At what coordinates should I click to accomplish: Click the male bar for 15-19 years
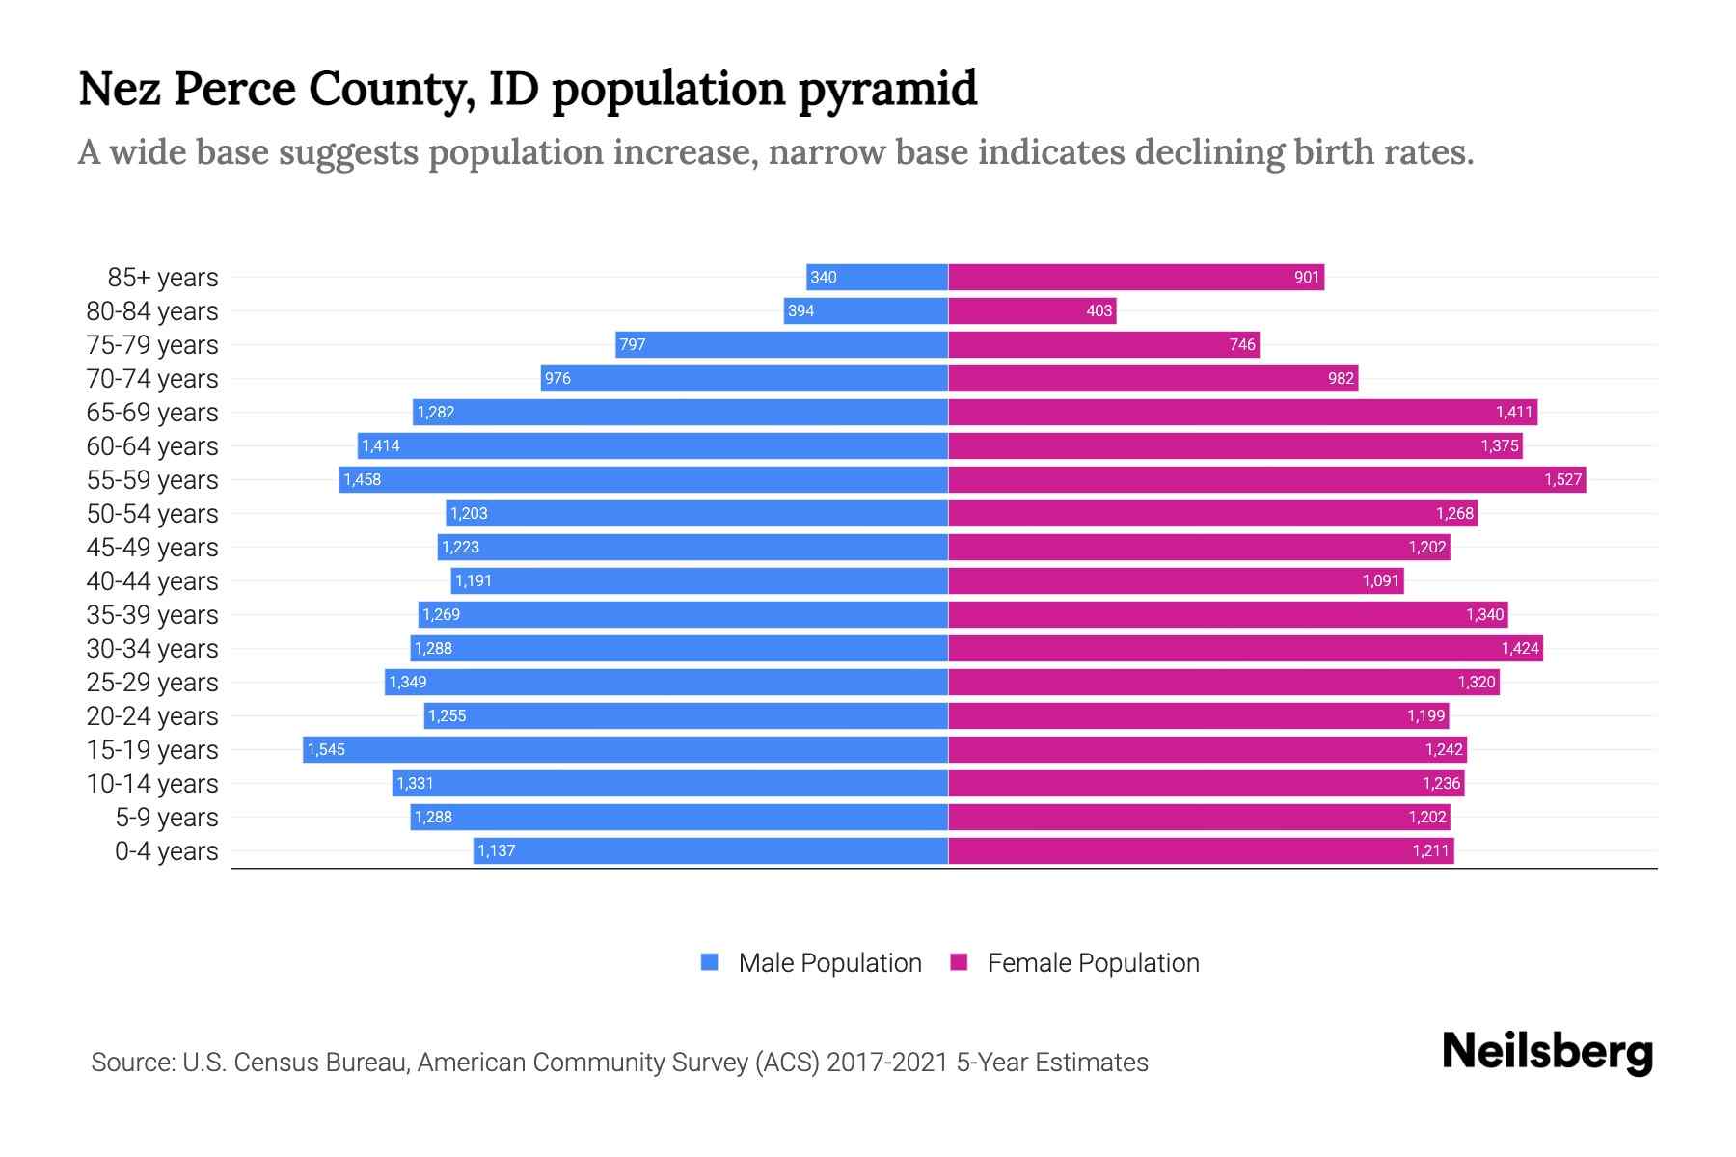coord(625,749)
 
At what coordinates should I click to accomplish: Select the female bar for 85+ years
coord(1136,278)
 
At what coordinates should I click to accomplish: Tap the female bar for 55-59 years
coord(1266,479)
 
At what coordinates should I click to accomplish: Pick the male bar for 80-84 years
coord(866,310)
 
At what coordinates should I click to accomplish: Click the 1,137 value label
coord(497,850)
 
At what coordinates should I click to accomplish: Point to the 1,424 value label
coord(1520,648)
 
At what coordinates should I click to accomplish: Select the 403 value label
coord(1099,310)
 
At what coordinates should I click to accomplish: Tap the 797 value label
coord(632,344)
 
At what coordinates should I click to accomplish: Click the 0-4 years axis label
coord(166,850)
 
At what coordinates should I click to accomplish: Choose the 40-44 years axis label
coord(152,580)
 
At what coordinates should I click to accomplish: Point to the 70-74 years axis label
coord(152,378)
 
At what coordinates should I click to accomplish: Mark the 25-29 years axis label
coord(152,682)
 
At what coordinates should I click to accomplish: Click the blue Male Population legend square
coord(710,962)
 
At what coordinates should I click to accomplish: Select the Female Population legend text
coord(1093,962)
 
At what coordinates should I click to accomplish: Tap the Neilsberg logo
coord(1547,1052)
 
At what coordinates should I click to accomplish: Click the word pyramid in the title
coord(887,89)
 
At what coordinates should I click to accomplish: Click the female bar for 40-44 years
coord(1176,580)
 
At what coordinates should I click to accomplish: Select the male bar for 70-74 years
coord(744,378)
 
